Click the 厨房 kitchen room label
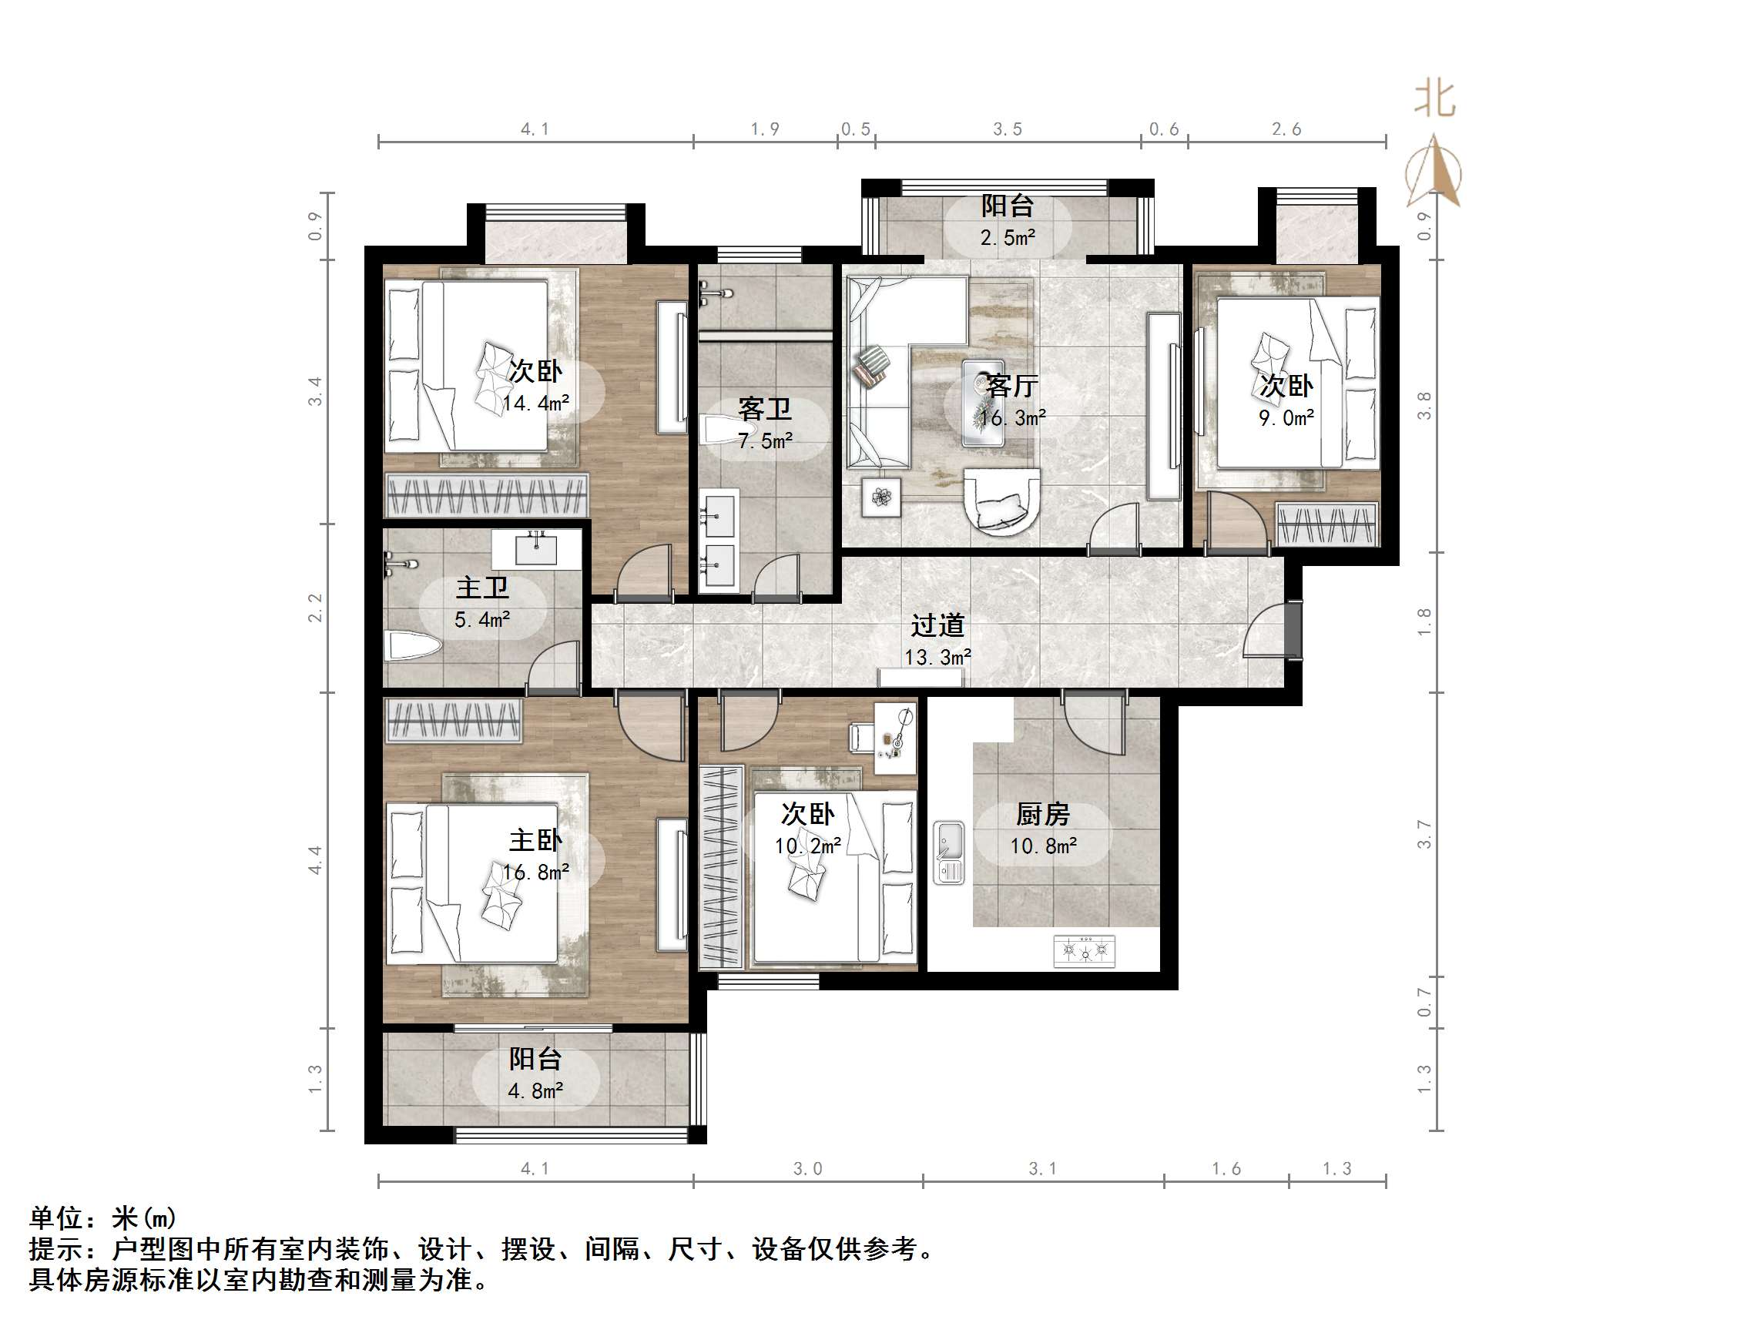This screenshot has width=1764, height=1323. pyautogui.click(x=1042, y=814)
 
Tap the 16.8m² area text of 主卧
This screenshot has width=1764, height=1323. pyautogui.click(x=535, y=873)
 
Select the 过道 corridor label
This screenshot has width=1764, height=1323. pyautogui.click(x=937, y=625)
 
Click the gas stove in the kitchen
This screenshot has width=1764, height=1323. pyautogui.click(x=1084, y=950)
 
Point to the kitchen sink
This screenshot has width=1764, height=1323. pyautogui.click(x=949, y=852)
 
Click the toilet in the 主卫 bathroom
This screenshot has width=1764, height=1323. pyautogui.click(x=410, y=646)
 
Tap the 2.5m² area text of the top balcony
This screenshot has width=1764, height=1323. pyautogui.click(x=1008, y=238)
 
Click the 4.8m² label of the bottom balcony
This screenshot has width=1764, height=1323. pyautogui.click(x=535, y=1090)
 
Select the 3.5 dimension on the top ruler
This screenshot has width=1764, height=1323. pyautogui.click(x=1008, y=129)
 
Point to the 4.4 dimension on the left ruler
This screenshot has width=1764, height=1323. pyautogui.click(x=316, y=859)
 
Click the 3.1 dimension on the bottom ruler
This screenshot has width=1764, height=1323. pyautogui.click(x=1042, y=1169)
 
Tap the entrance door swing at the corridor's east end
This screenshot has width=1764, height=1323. pyautogui.click(x=1268, y=631)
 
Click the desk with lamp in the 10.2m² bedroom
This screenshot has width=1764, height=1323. pyautogui.click(x=895, y=738)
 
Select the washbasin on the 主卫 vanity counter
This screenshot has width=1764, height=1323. pyautogui.click(x=536, y=550)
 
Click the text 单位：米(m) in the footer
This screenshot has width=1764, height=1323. pyautogui.click(x=103, y=1217)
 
